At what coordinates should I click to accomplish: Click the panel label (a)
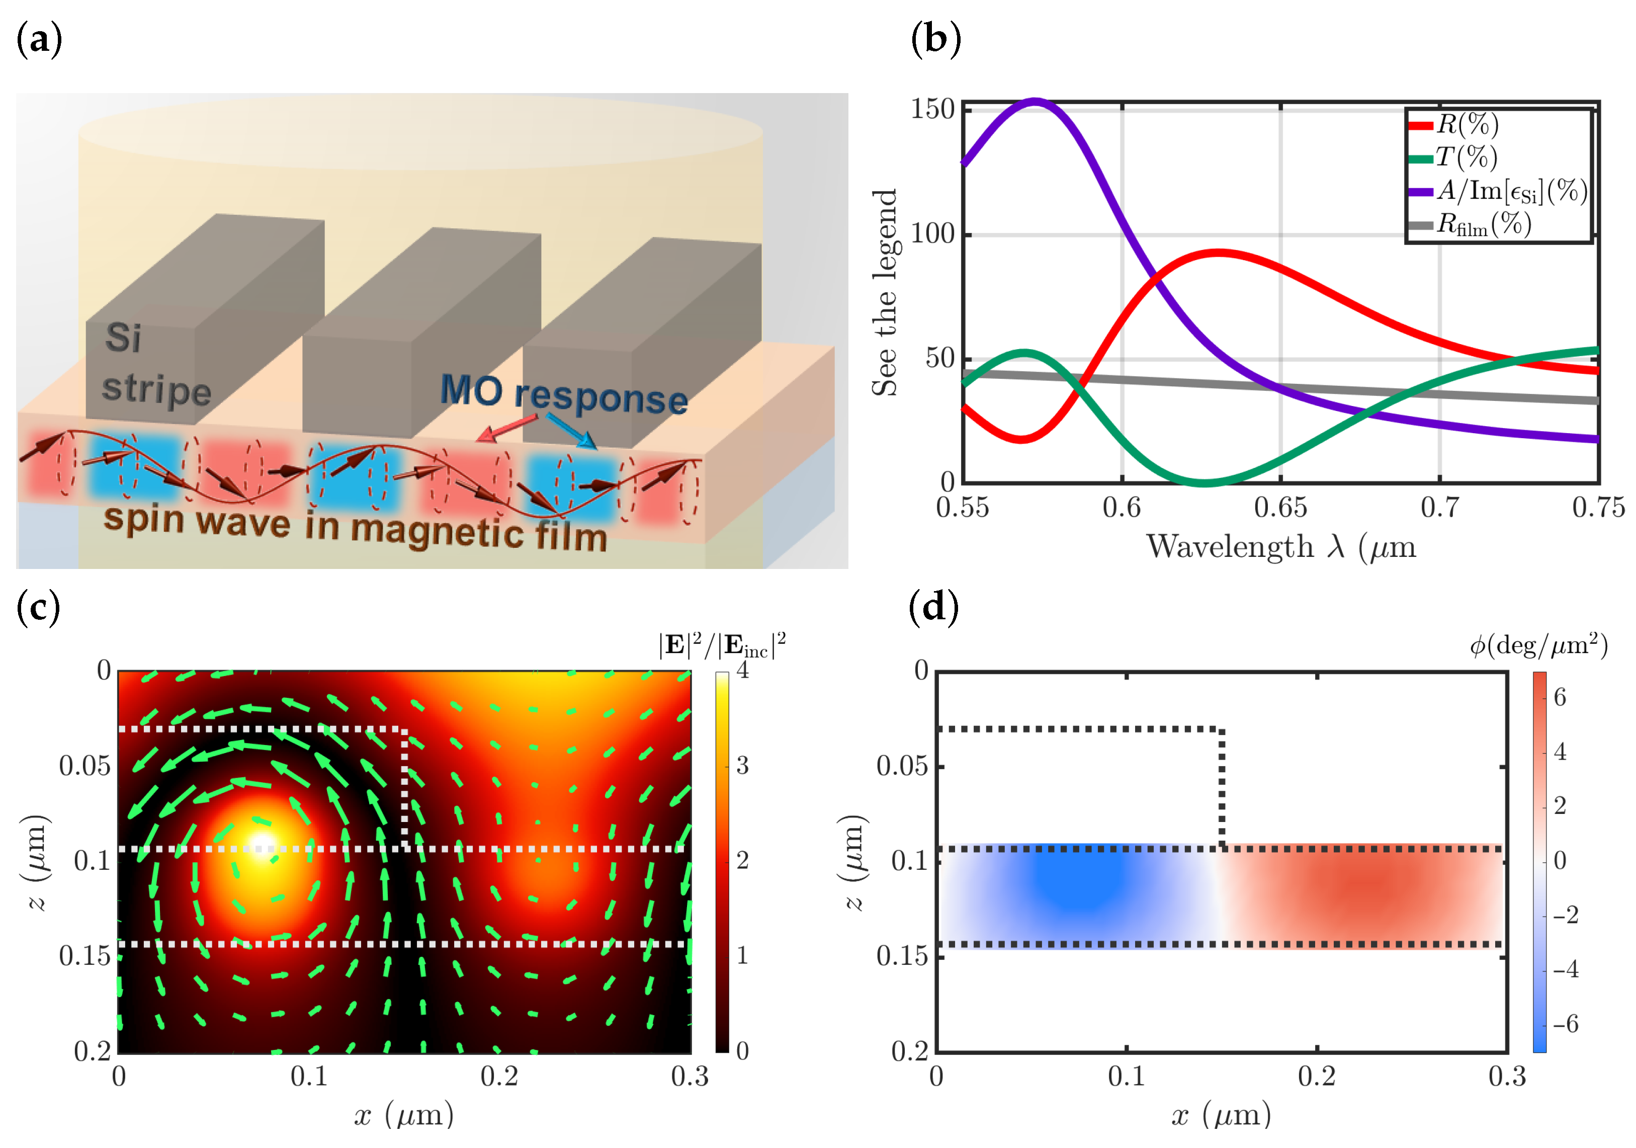39,39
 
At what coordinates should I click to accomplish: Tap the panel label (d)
933,607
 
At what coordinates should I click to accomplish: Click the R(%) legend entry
1467,125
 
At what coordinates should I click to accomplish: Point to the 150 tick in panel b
932,109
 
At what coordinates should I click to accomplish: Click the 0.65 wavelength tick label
1280,508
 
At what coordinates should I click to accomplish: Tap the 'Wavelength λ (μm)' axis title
1280,547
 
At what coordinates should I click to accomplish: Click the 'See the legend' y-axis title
884,292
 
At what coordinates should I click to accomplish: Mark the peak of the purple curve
1034,101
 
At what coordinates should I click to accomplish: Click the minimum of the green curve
1203,482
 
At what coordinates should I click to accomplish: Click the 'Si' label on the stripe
123,337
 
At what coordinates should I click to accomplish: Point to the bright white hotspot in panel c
262,846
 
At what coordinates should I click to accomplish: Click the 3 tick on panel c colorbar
742,765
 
